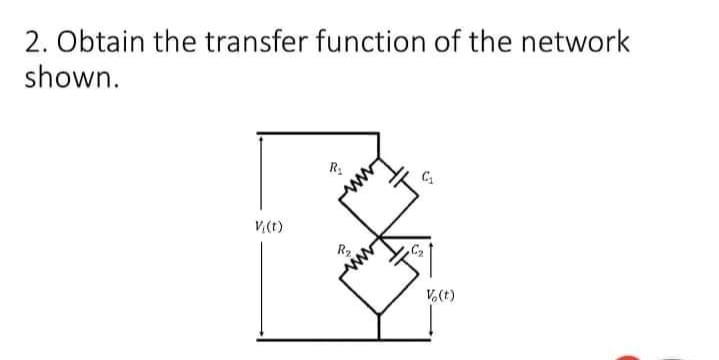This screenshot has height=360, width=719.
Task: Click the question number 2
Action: click(30, 44)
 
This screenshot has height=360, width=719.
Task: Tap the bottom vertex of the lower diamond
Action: click(378, 313)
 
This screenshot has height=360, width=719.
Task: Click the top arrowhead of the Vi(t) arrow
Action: click(262, 138)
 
